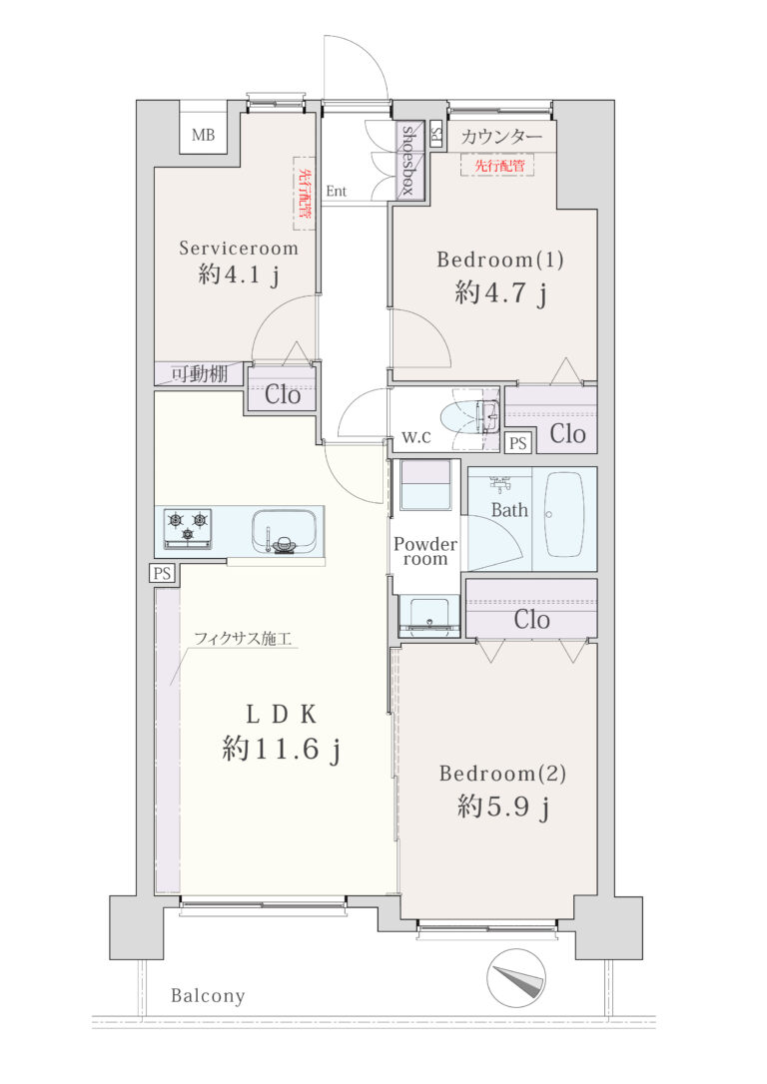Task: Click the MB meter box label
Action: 204,135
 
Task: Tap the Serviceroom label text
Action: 239,249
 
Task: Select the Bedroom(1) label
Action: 500,260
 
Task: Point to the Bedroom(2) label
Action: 502,774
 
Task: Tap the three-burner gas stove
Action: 188,529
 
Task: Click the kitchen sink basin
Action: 285,528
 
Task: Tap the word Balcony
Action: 208,995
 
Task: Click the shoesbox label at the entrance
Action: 408,161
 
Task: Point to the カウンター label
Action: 501,137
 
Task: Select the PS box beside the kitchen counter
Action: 163,573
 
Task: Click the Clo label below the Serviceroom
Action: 283,395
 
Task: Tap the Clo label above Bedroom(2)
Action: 532,620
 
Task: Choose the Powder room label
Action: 425,551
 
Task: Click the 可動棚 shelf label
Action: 199,374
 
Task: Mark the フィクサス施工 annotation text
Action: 242,638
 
